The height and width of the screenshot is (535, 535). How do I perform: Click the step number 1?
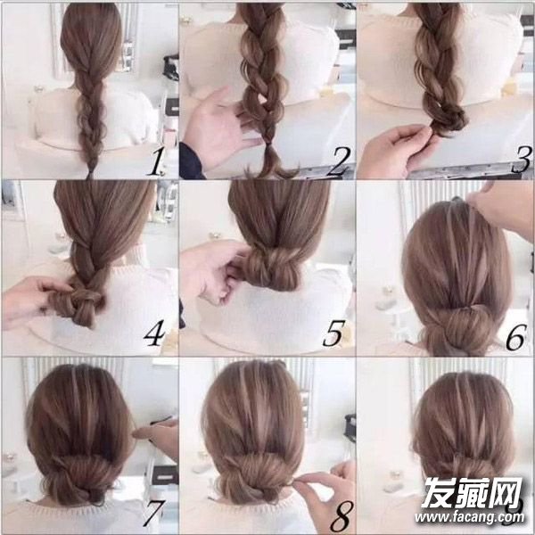(x=155, y=162)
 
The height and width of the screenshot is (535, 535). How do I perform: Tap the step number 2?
(x=338, y=161)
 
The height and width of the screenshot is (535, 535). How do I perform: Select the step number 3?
(x=522, y=160)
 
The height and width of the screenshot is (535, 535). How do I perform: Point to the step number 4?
(x=154, y=333)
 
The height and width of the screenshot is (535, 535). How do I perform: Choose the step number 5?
(x=333, y=333)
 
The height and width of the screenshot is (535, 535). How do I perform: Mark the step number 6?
(x=516, y=337)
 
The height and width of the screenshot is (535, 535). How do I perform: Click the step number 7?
(x=154, y=513)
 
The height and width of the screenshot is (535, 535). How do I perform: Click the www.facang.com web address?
(x=470, y=517)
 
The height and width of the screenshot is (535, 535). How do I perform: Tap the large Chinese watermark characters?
(x=473, y=492)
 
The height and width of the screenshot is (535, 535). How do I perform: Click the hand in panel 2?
(x=218, y=128)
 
